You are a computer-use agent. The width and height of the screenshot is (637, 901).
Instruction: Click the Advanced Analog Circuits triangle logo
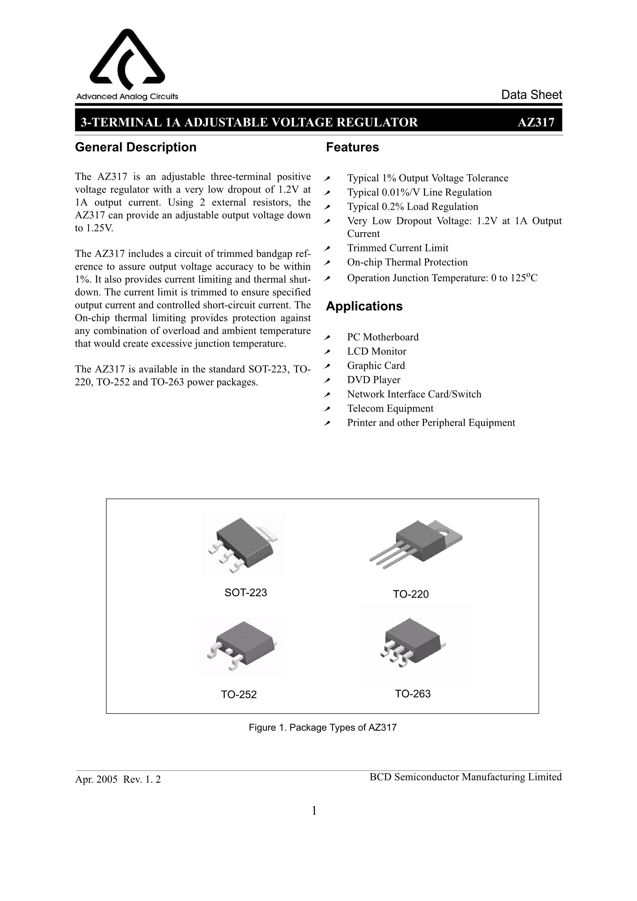[x=127, y=59]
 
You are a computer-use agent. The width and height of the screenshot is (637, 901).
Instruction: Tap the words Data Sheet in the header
[x=531, y=95]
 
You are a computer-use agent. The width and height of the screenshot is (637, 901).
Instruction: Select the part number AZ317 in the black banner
[x=536, y=122]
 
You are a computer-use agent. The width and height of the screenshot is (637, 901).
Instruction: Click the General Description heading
[x=136, y=147]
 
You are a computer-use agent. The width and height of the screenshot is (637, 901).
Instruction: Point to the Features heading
[x=352, y=147]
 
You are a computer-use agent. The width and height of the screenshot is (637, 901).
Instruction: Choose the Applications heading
[x=364, y=306]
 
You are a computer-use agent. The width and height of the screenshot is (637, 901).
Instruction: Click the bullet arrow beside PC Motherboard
[x=327, y=337]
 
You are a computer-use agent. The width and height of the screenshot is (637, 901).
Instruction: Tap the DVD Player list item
[x=373, y=380]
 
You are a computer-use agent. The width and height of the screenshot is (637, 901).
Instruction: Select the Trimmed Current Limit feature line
[x=397, y=248]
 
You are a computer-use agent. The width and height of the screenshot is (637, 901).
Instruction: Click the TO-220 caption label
[x=411, y=594]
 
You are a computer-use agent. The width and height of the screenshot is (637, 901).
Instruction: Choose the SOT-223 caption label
[x=245, y=593]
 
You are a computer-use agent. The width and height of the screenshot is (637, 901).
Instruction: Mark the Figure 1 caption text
[x=322, y=728]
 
